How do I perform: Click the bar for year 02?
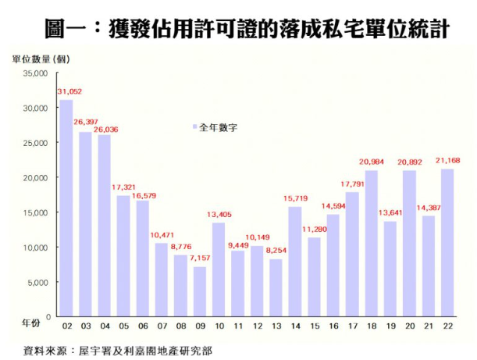coord(66,208)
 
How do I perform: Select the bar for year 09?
coord(200,291)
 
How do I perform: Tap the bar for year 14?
coord(295,262)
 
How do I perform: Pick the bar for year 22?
coord(447,242)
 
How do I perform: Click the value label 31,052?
coord(69,92)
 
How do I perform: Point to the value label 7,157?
coord(201,258)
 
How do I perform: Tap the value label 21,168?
coord(446,160)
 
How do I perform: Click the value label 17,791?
coord(354,184)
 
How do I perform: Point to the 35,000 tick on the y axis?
coord(36,73)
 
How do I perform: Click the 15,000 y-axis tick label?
coord(36,212)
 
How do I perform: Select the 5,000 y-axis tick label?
coord(38,282)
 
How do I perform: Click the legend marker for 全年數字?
coord(194,126)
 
